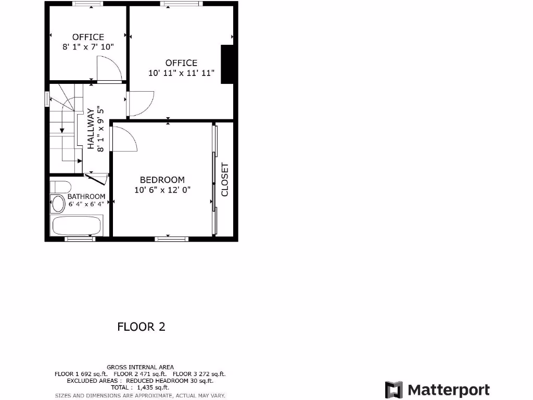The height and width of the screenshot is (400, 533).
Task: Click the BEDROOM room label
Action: (x=162, y=180)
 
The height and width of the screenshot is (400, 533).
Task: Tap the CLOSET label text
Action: (x=225, y=180)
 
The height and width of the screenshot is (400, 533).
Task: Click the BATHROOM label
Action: (x=86, y=196)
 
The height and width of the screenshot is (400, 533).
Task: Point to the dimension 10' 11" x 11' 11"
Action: (x=182, y=73)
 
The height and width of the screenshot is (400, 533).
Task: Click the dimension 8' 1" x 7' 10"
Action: (x=88, y=47)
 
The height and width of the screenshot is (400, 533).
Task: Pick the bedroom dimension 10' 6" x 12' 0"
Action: (x=162, y=190)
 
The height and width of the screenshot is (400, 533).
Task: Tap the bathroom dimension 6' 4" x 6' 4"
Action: (x=86, y=204)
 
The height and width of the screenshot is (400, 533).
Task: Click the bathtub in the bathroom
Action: (x=77, y=226)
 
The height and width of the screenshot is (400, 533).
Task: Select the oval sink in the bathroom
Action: (x=57, y=204)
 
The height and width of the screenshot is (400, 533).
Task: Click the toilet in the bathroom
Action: (x=61, y=187)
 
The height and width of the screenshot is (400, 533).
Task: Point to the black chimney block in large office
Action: (x=227, y=64)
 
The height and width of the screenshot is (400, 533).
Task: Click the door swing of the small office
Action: (x=108, y=70)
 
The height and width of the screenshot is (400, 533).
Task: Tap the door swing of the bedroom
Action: (x=124, y=139)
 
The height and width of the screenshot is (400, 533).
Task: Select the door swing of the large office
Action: (x=141, y=103)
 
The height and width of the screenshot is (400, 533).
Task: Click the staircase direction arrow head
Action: (x=61, y=130)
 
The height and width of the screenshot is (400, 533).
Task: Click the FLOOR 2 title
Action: (x=141, y=327)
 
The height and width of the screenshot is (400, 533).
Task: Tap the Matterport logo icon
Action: (x=394, y=390)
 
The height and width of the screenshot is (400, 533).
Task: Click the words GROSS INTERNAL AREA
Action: (x=141, y=367)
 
